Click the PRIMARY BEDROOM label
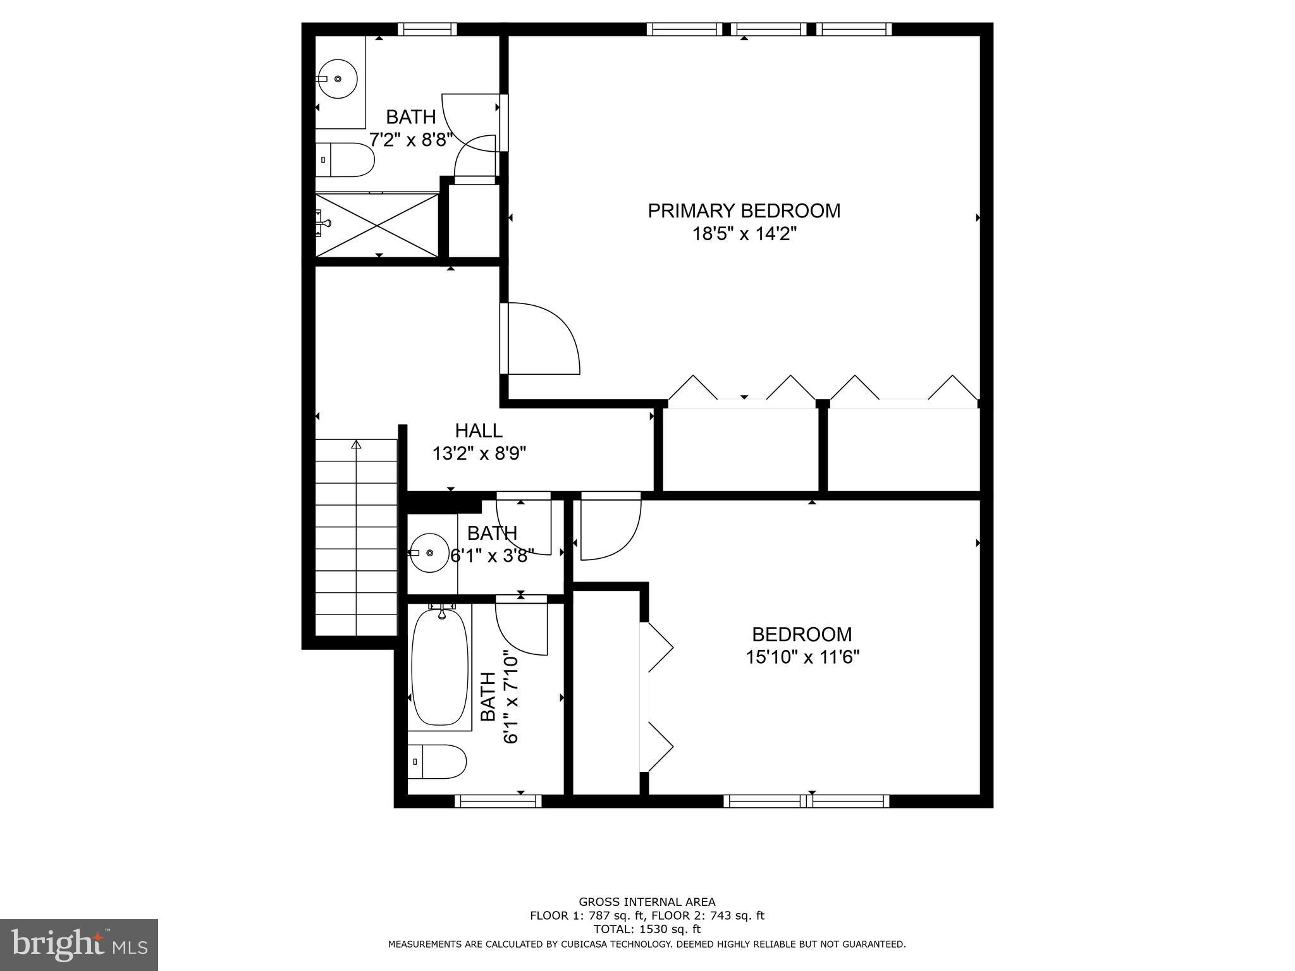(744, 211)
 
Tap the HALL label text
(479, 431)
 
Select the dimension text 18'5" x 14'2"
(744, 235)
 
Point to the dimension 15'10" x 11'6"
(802, 657)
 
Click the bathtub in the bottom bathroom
(440, 666)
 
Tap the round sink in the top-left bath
(337, 79)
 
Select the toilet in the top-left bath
(345, 160)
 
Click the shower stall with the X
(377, 225)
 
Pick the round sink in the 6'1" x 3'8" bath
(429, 553)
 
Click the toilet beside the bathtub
(437, 762)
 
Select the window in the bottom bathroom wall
(498, 801)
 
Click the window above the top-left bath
(427, 29)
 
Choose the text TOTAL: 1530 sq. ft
(647, 929)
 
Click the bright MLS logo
(79, 944)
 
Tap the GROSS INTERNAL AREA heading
(647, 902)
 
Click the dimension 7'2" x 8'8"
(411, 140)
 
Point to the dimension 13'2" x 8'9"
(479, 454)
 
